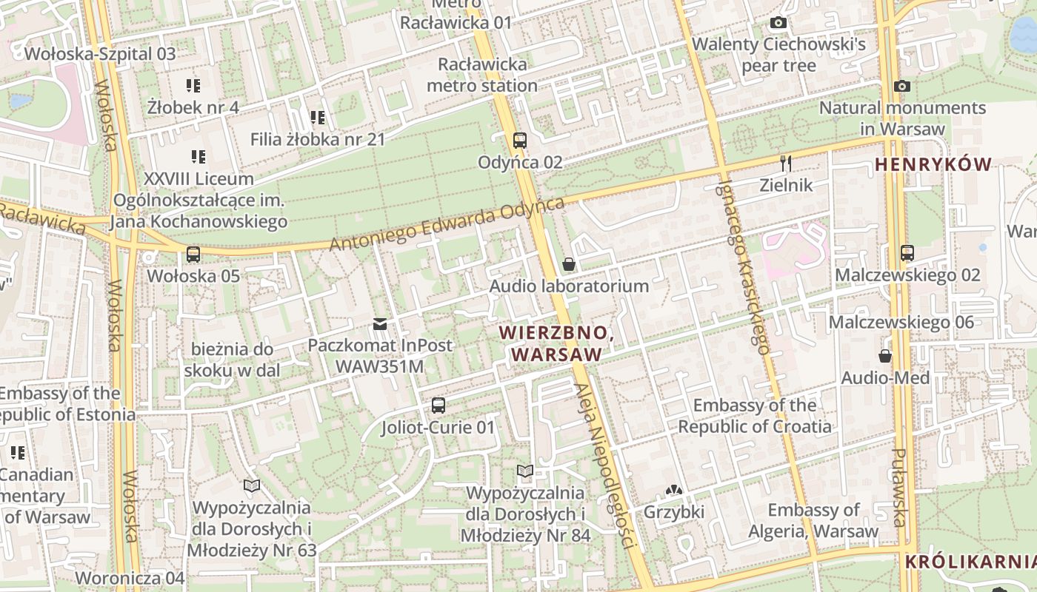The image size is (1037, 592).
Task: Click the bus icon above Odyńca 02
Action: coord(519,140)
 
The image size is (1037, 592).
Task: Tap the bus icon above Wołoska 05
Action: coord(193,254)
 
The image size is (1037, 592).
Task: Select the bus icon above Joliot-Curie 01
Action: coord(439,405)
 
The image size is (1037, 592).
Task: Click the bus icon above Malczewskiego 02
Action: coord(907,252)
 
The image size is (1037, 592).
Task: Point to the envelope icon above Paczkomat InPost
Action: coord(380,323)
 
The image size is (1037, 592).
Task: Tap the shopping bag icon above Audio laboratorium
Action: coord(568,264)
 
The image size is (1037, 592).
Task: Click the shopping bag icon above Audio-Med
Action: coord(885,356)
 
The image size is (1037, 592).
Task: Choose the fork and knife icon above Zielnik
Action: coord(786,164)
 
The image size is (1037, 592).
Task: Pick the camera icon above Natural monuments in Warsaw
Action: coord(901,86)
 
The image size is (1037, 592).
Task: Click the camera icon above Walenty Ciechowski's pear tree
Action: coord(778,23)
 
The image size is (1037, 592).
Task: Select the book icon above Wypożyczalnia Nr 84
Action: coord(525,471)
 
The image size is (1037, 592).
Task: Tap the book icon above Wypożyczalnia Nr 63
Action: coord(252,485)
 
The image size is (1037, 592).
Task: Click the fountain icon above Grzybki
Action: coord(673,489)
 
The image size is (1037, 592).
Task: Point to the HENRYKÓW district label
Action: coord(933,164)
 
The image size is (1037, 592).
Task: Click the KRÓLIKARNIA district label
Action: coord(970,561)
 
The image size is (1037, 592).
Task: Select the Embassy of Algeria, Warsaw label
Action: coord(813,520)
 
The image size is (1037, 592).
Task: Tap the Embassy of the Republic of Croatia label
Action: coord(755,416)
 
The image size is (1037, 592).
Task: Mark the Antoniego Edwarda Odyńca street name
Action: coord(447,223)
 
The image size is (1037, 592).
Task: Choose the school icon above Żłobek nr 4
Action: coord(193,85)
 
